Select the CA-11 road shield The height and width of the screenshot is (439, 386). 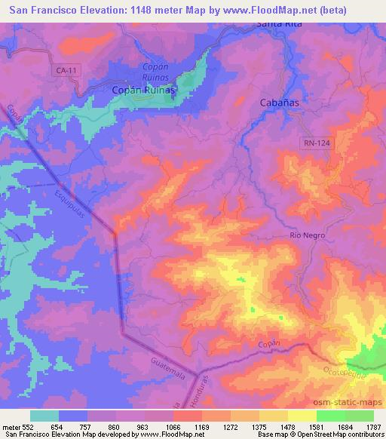click(66, 70)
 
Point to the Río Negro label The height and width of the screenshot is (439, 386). click(308, 235)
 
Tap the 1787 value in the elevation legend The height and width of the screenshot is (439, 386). click(371, 426)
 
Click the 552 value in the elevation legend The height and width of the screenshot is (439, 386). click(29, 426)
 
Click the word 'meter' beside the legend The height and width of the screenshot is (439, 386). click(11, 426)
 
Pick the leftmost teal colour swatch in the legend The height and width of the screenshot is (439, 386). click(44, 416)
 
